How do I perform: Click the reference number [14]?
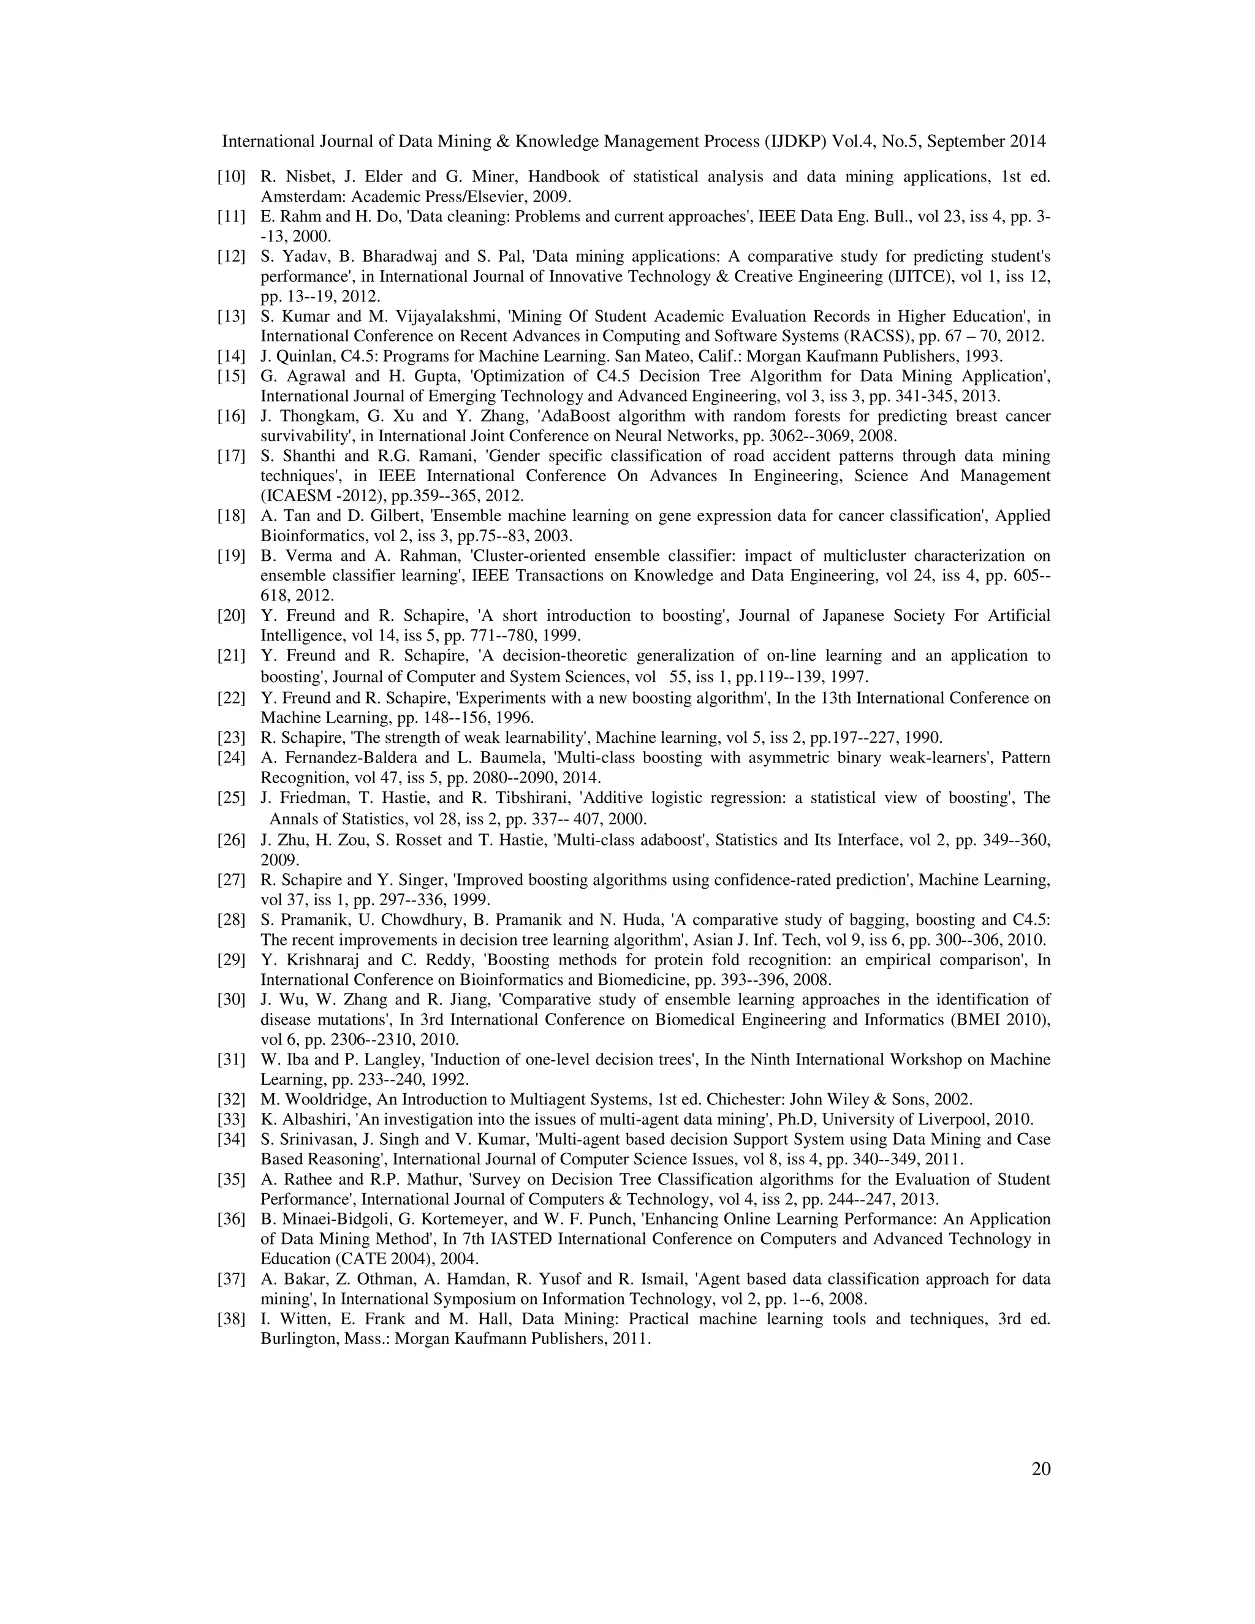pos(230,356)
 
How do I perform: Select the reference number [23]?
pos(230,738)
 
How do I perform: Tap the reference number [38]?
pos(230,1319)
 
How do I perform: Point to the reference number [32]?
pos(230,1099)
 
